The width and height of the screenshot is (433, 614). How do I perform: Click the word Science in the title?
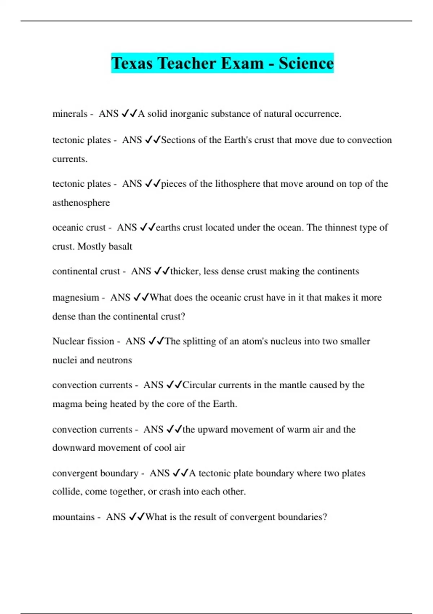[306, 63]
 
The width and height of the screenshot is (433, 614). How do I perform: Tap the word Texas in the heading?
[132, 63]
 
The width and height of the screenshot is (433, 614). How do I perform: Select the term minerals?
[70, 114]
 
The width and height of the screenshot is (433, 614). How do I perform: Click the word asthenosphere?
[81, 203]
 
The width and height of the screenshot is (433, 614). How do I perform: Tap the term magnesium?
[76, 298]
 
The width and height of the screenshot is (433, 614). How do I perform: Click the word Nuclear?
[68, 341]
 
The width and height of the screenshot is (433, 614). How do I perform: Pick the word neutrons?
[115, 360]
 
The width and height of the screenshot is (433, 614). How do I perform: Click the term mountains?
[74, 517]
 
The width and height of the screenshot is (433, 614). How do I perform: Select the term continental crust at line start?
[86, 271]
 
